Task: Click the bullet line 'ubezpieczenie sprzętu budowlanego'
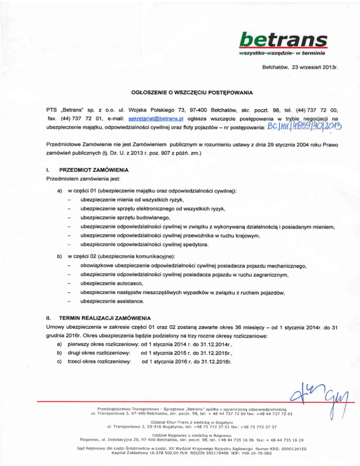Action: [x=124, y=218]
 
